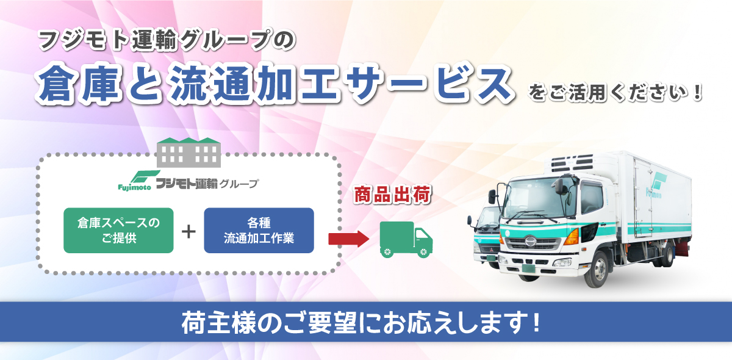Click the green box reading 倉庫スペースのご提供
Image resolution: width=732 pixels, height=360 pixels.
118,231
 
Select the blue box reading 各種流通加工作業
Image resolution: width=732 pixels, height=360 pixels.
259,231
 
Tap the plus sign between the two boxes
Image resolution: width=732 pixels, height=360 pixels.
188,232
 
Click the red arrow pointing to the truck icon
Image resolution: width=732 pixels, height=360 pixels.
349,239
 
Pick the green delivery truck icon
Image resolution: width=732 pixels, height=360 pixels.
406,240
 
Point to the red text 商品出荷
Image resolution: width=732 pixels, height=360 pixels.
392,195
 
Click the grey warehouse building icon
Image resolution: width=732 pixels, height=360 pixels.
188,153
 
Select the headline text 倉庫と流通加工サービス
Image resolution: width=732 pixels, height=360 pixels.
274,84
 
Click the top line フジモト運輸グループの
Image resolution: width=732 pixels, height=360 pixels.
167,40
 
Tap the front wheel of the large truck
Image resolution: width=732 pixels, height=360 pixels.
597,270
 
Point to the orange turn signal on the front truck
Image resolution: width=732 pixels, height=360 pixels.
572,237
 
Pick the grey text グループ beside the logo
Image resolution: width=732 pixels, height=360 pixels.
239,184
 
